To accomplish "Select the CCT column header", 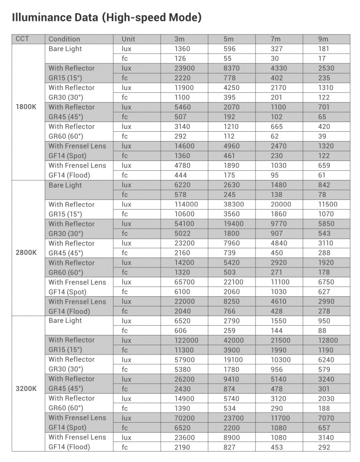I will [x=22, y=39].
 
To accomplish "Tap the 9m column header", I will [x=324, y=39].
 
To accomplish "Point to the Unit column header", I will [x=128, y=39].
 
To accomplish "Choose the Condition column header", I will [x=64, y=39].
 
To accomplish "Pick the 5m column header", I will [x=229, y=39].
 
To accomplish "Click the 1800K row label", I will [x=26, y=107].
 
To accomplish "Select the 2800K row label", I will [x=26, y=253].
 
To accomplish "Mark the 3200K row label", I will [x=26, y=389].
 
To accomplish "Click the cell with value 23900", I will [x=184, y=68].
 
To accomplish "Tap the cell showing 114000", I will [x=186, y=204].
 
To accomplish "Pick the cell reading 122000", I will [x=186, y=340].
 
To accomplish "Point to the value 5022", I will [x=182, y=233].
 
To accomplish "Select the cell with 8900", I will [x=231, y=437].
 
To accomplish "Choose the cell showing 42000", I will [x=233, y=340].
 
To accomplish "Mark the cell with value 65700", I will [x=184, y=282].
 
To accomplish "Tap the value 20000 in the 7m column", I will [x=281, y=204].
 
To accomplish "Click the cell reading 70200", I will [x=184, y=418].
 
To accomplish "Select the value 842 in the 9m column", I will [x=324, y=185].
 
